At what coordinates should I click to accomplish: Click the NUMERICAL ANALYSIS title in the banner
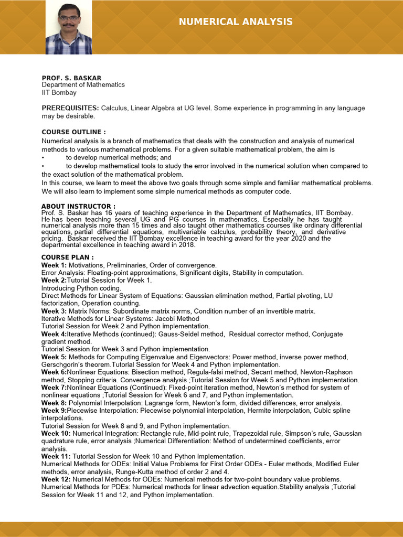pyautogui.click(x=236, y=22)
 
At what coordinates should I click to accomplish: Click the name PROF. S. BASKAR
pyautogui.click(x=71, y=78)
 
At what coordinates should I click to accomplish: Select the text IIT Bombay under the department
pyautogui.click(x=59, y=93)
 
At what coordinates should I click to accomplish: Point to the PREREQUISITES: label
pyautogui.click(x=70, y=108)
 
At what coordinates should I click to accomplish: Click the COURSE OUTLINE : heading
pyautogui.click(x=73, y=132)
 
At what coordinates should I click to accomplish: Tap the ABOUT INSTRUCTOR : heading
pyautogui.click(x=78, y=206)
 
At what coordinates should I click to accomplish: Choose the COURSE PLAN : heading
pyautogui.click(x=68, y=257)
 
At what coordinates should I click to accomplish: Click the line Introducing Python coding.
pyautogui.click(x=81, y=288)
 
